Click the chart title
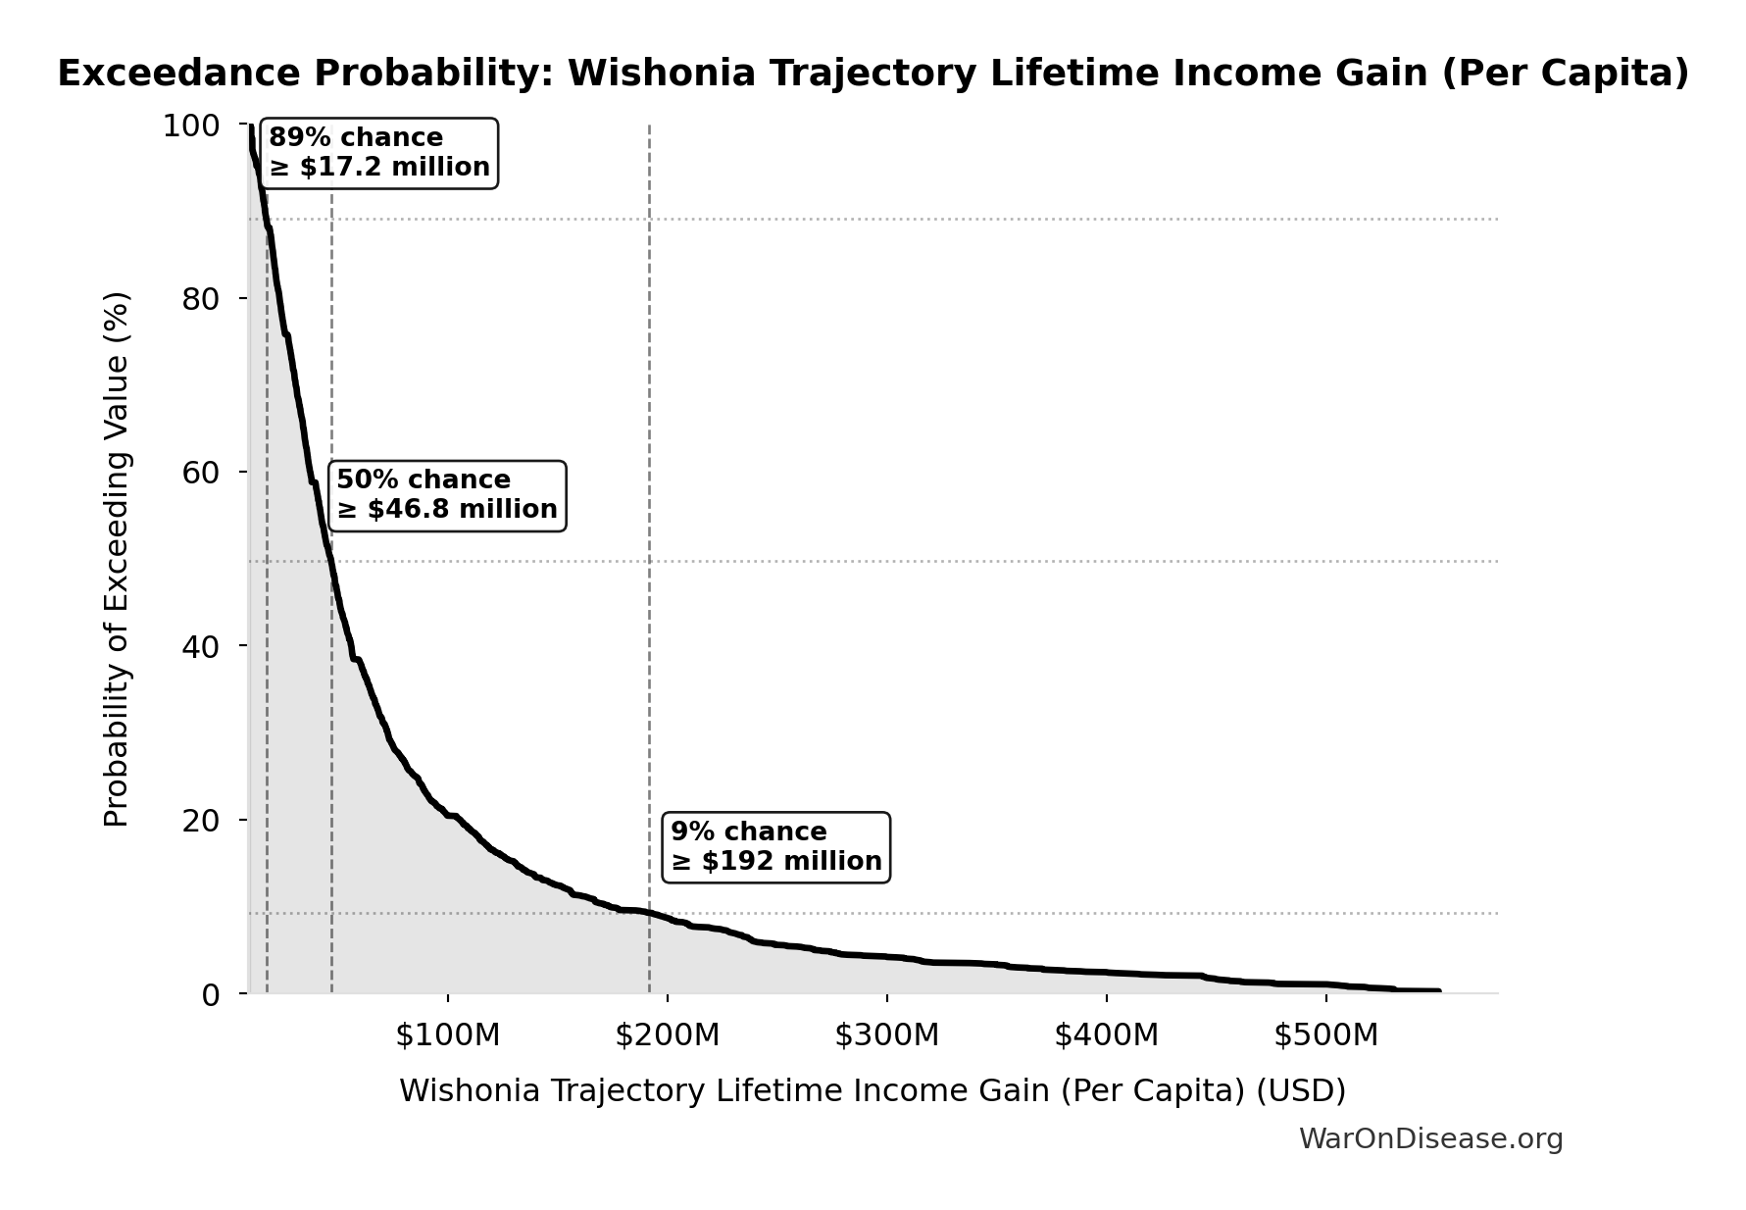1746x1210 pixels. tap(873, 75)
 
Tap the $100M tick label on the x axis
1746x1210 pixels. tap(448, 1035)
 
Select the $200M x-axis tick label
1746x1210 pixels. tap(668, 1035)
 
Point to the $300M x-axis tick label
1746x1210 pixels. tap(887, 1035)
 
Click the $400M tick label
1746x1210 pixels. tap(1107, 1035)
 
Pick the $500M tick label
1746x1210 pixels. tap(1326, 1035)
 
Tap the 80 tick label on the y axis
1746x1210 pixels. tap(200, 299)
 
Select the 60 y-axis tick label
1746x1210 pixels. tap(200, 473)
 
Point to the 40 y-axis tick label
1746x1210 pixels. tap(200, 646)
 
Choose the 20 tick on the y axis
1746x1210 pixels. tap(200, 821)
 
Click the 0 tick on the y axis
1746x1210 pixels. tap(210, 994)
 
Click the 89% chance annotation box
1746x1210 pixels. tap(379, 153)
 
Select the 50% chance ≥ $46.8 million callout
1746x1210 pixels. tap(447, 495)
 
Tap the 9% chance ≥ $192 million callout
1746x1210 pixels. tap(776, 847)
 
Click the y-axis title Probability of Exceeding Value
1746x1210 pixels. tap(117, 559)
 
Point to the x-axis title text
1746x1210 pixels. tap(873, 1091)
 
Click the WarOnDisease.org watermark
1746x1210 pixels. tap(1430, 1139)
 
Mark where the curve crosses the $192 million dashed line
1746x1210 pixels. tap(649, 913)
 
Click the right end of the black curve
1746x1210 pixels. tap(1438, 991)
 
